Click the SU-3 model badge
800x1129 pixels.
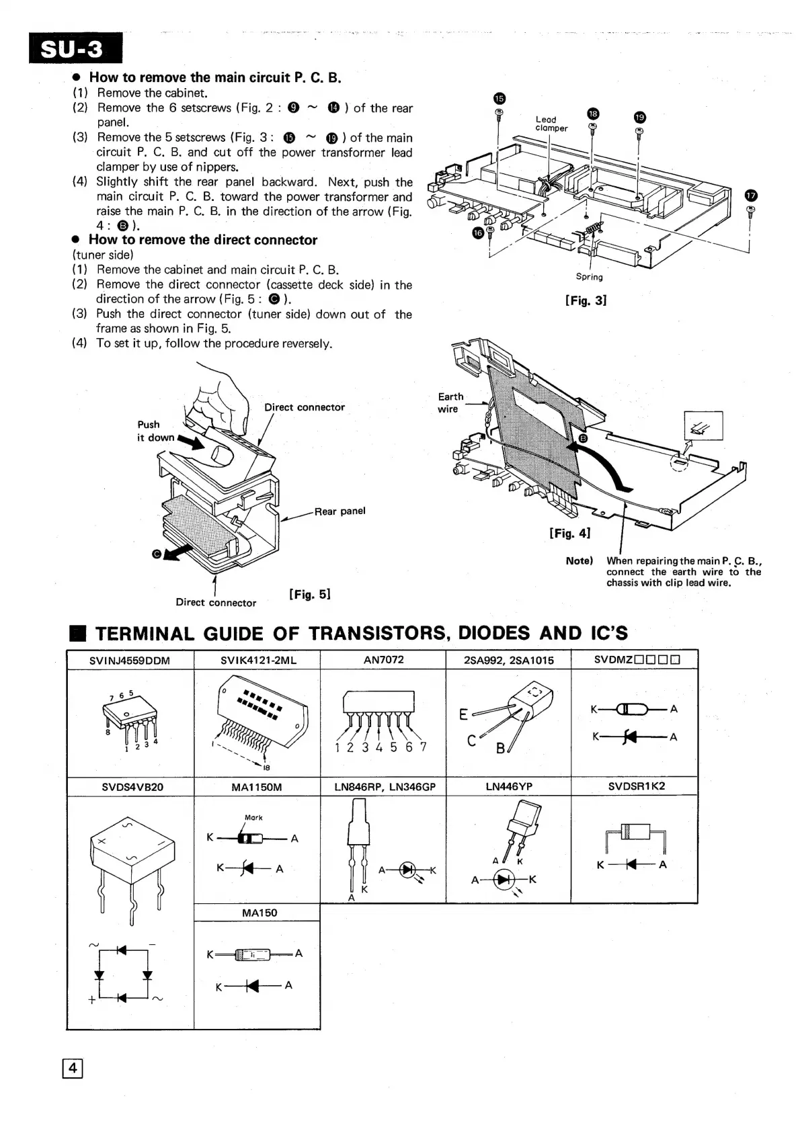pyautogui.click(x=76, y=48)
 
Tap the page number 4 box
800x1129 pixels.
pyautogui.click(x=73, y=1068)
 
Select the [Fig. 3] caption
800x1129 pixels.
pyautogui.click(x=586, y=300)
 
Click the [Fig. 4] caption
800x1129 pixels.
pyautogui.click(x=569, y=533)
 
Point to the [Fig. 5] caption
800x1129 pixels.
pyautogui.click(x=309, y=594)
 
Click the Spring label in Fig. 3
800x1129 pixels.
pyautogui.click(x=589, y=277)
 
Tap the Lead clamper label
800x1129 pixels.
pyautogui.click(x=551, y=124)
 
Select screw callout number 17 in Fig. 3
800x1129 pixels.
pyautogui.click(x=751, y=196)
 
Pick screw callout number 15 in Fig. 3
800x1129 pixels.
pyautogui.click(x=499, y=99)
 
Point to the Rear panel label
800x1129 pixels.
pyautogui.click(x=339, y=511)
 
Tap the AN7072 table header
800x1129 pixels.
pyautogui.click(x=383, y=660)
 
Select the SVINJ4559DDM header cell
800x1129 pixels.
pyautogui.click(x=130, y=661)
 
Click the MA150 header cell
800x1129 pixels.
pyautogui.click(x=259, y=913)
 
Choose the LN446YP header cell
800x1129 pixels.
pyautogui.click(x=508, y=786)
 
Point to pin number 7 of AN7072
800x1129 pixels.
pyautogui.click(x=423, y=747)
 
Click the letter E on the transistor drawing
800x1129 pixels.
pyautogui.click(x=464, y=714)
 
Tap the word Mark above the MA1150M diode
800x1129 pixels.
pyautogui.click(x=253, y=817)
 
